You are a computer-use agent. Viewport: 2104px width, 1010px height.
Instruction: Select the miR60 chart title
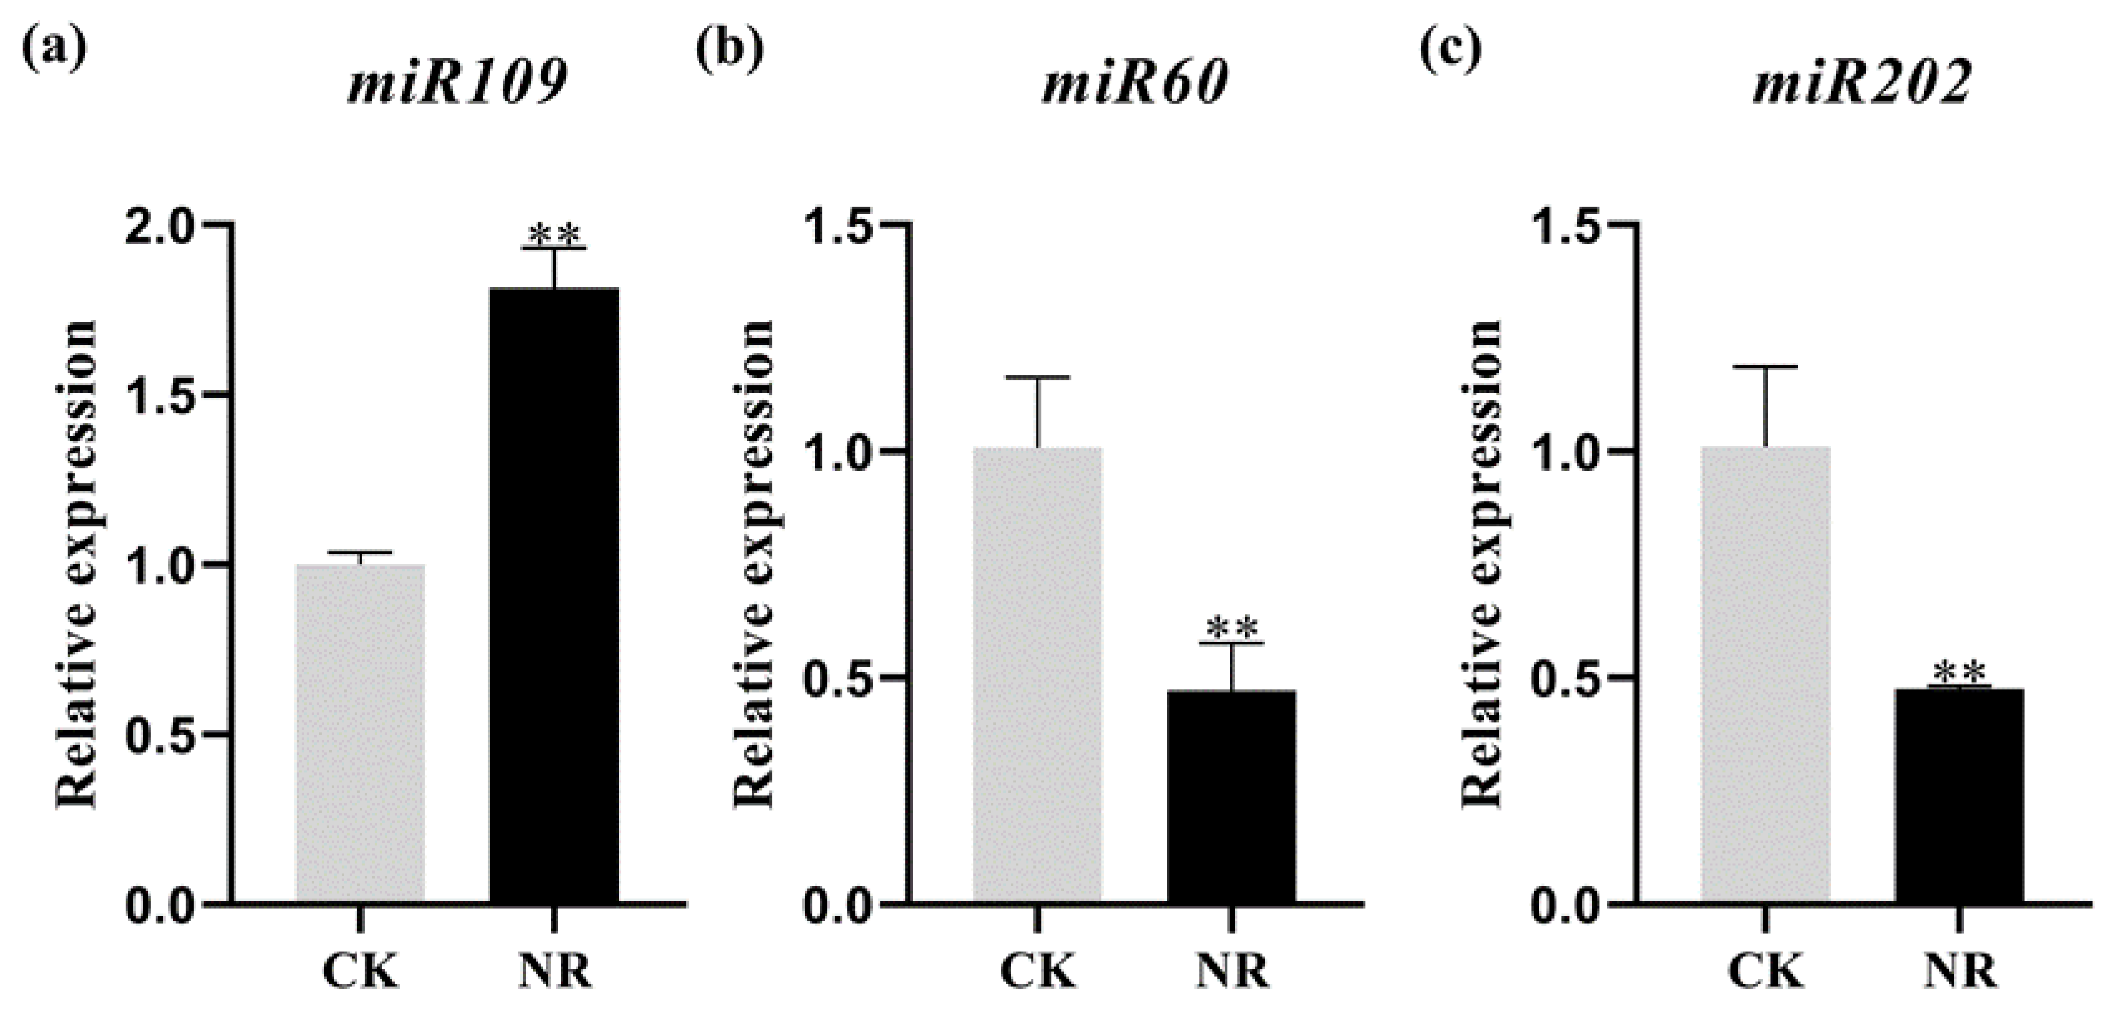point(1135,84)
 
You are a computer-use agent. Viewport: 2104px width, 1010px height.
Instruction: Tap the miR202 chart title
point(1862,84)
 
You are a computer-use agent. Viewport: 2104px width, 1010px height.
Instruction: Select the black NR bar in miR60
point(1231,796)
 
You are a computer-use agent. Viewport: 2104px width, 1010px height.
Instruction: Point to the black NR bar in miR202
point(1959,796)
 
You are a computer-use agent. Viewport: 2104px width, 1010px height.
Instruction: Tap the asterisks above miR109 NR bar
point(554,234)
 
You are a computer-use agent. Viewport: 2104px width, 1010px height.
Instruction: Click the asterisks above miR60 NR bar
point(1231,629)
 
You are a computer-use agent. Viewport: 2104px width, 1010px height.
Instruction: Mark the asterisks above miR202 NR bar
point(1959,674)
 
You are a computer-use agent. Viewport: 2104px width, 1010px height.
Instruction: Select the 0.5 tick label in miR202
point(1568,678)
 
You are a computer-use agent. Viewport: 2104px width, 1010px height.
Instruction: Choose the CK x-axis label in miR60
point(1037,972)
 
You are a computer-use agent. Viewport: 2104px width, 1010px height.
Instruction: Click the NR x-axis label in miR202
point(1959,972)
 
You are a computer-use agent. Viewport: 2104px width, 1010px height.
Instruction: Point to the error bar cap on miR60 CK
point(1037,377)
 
